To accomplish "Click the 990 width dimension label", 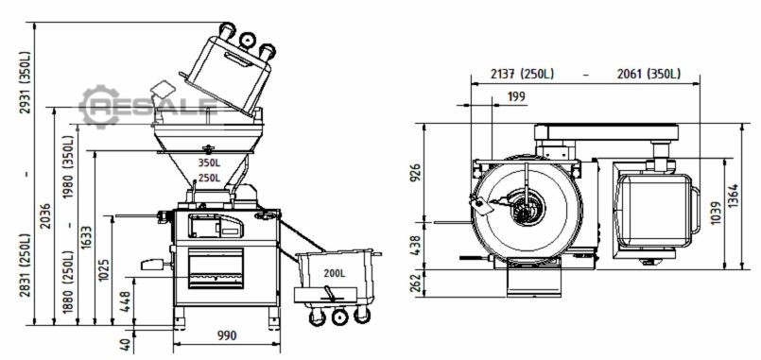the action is (x=227, y=335).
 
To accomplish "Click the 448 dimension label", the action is (x=125, y=301).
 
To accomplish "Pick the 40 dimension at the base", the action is (x=125, y=345).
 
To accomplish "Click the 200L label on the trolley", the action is (x=335, y=273).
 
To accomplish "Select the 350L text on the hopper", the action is (x=209, y=163).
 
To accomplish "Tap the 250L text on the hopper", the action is (x=209, y=178).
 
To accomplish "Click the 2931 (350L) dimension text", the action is (x=25, y=82).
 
